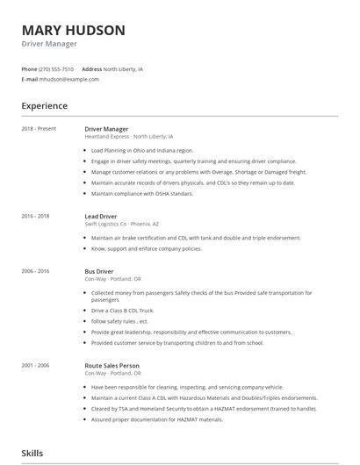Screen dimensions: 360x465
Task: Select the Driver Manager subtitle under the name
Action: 49,44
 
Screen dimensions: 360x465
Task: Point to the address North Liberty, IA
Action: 123,68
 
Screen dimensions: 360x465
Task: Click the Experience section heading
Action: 45,106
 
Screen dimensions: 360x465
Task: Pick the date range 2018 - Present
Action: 39,128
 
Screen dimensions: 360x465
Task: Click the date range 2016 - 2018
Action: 35,215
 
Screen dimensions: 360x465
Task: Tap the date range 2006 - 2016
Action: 35,271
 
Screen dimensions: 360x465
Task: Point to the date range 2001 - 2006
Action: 35,365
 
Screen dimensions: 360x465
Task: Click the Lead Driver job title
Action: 102,215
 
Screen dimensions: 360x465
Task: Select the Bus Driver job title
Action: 100,271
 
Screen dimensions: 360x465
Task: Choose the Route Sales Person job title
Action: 112,365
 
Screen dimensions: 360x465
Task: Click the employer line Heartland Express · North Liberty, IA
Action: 129,137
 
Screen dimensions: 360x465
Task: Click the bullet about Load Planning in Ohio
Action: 143,150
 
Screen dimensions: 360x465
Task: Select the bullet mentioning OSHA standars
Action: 142,193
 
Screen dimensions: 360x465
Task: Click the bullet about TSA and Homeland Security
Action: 204,409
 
